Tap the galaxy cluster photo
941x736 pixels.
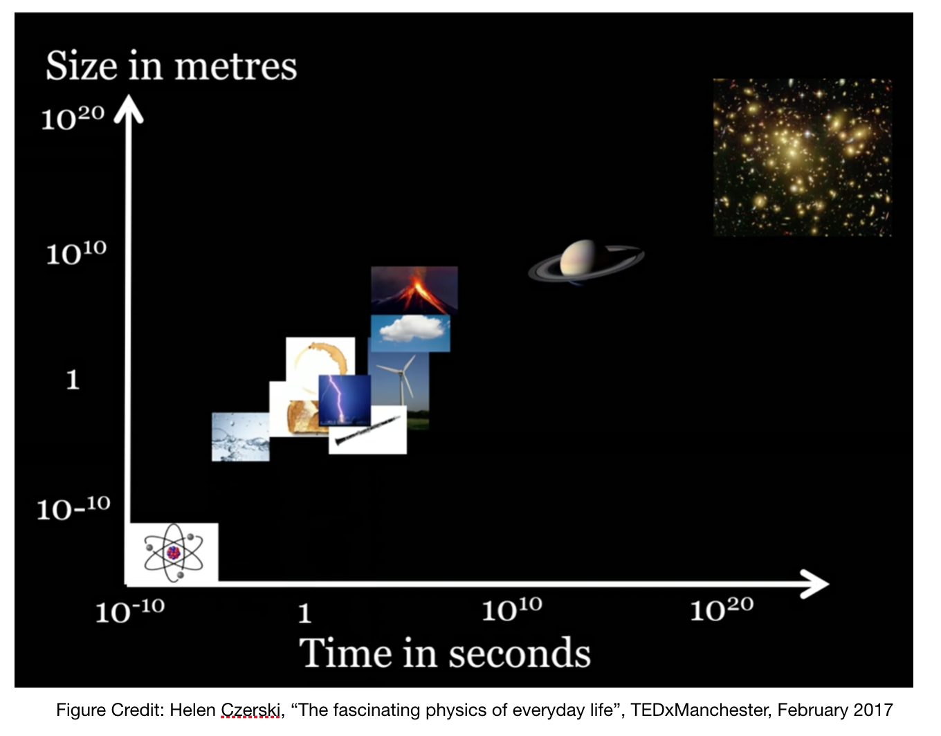point(802,157)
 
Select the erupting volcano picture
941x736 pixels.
point(414,290)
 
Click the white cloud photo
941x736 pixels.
point(410,333)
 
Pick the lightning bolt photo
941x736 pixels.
point(345,401)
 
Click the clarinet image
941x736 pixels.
point(367,430)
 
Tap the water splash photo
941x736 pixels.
point(240,437)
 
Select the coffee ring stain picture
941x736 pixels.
point(320,366)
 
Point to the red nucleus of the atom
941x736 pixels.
point(173,553)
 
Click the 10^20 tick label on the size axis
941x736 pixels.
point(73,118)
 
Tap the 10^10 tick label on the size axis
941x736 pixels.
point(76,252)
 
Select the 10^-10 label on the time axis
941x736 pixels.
point(130,610)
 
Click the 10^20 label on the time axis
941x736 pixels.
point(722,609)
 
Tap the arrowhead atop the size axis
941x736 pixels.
point(129,109)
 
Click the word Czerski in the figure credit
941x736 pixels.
point(250,710)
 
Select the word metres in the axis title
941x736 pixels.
point(235,66)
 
